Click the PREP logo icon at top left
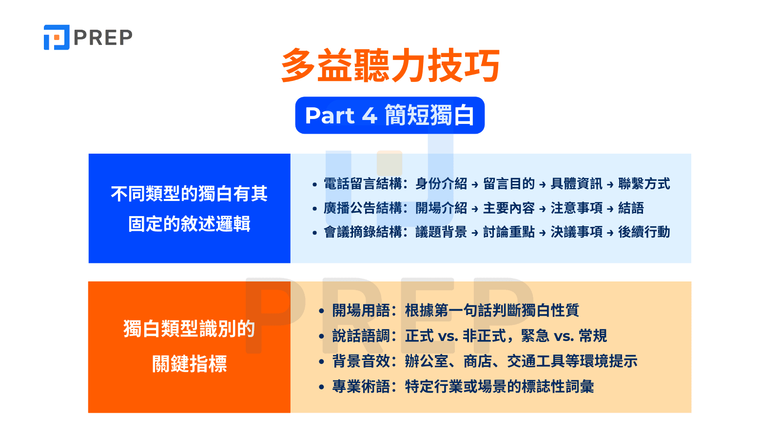pos(57,38)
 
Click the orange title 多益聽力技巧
pos(390,66)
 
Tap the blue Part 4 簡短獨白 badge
pos(390,116)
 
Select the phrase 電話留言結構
pos(363,184)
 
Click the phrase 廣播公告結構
pos(363,208)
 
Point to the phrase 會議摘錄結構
pos(363,232)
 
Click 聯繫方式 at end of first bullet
pos(644,184)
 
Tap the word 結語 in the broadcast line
pos(631,208)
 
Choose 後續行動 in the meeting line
pos(644,232)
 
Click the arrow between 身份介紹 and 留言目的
pos(475,185)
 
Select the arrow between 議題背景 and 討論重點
pos(475,233)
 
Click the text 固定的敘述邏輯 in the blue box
pos(189,224)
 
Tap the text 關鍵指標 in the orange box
pos(189,364)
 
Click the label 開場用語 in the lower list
pos(361,310)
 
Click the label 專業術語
pos(361,387)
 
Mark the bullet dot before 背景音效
pos(321,362)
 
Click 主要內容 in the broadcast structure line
pos(508,208)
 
